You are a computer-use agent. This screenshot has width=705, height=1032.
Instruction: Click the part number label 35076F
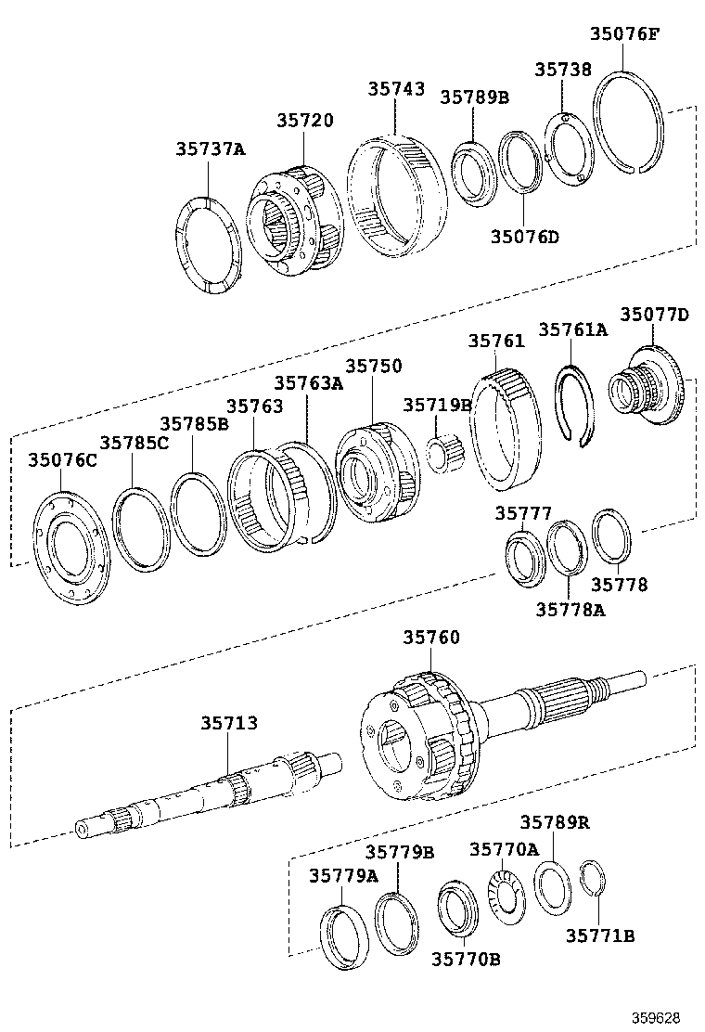[x=625, y=35]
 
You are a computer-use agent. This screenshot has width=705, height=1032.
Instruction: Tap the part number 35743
[x=396, y=89]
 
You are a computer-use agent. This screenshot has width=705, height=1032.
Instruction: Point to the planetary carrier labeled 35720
[x=295, y=224]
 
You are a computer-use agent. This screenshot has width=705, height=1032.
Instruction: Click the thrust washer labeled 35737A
[x=208, y=246]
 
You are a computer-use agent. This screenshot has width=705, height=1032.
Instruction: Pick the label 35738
[x=563, y=71]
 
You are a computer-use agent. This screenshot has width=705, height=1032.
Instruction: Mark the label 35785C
[x=135, y=443]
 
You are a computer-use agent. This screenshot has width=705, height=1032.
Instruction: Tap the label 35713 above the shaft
[x=229, y=723]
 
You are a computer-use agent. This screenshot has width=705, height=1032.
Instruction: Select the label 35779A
[x=343, y=875]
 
